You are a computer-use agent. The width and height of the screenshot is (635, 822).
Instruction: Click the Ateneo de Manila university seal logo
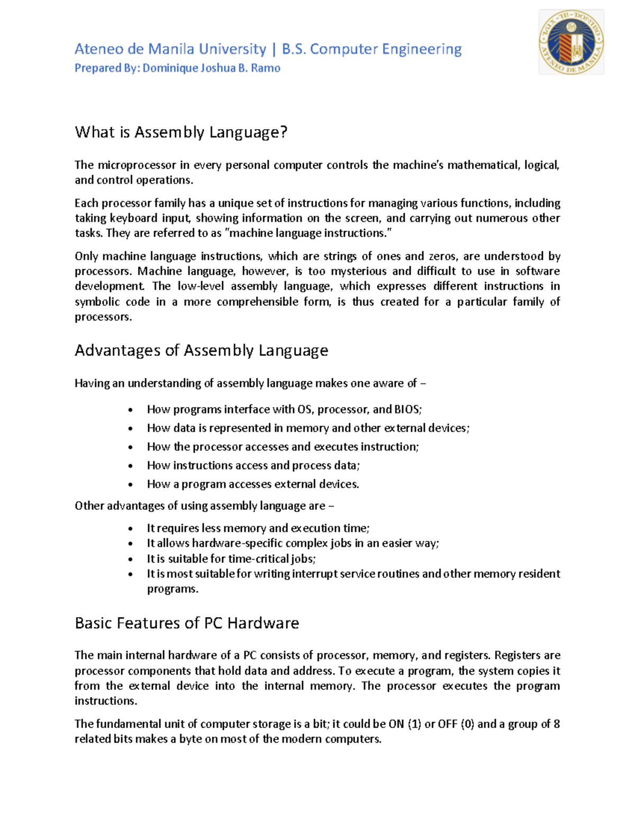tap(571, 42)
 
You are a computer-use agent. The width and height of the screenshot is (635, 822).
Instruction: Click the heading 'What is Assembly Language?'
tap(181, 132)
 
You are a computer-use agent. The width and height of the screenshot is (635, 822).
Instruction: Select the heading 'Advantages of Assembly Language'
tap(201, 350)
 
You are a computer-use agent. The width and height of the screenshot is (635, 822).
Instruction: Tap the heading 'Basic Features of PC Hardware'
tap(187, 623)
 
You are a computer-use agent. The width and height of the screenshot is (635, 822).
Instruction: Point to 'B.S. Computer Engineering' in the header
tap(371, 49)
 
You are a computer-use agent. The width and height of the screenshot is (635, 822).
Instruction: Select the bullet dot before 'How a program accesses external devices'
tap(131, 484)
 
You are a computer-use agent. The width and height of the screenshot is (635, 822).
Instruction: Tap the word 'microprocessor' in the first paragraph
tap(137, 165)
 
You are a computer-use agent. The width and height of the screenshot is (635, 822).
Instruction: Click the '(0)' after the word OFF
tap(467, 724)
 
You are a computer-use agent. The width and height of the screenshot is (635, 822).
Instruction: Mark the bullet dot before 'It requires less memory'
tap(131, 528)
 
